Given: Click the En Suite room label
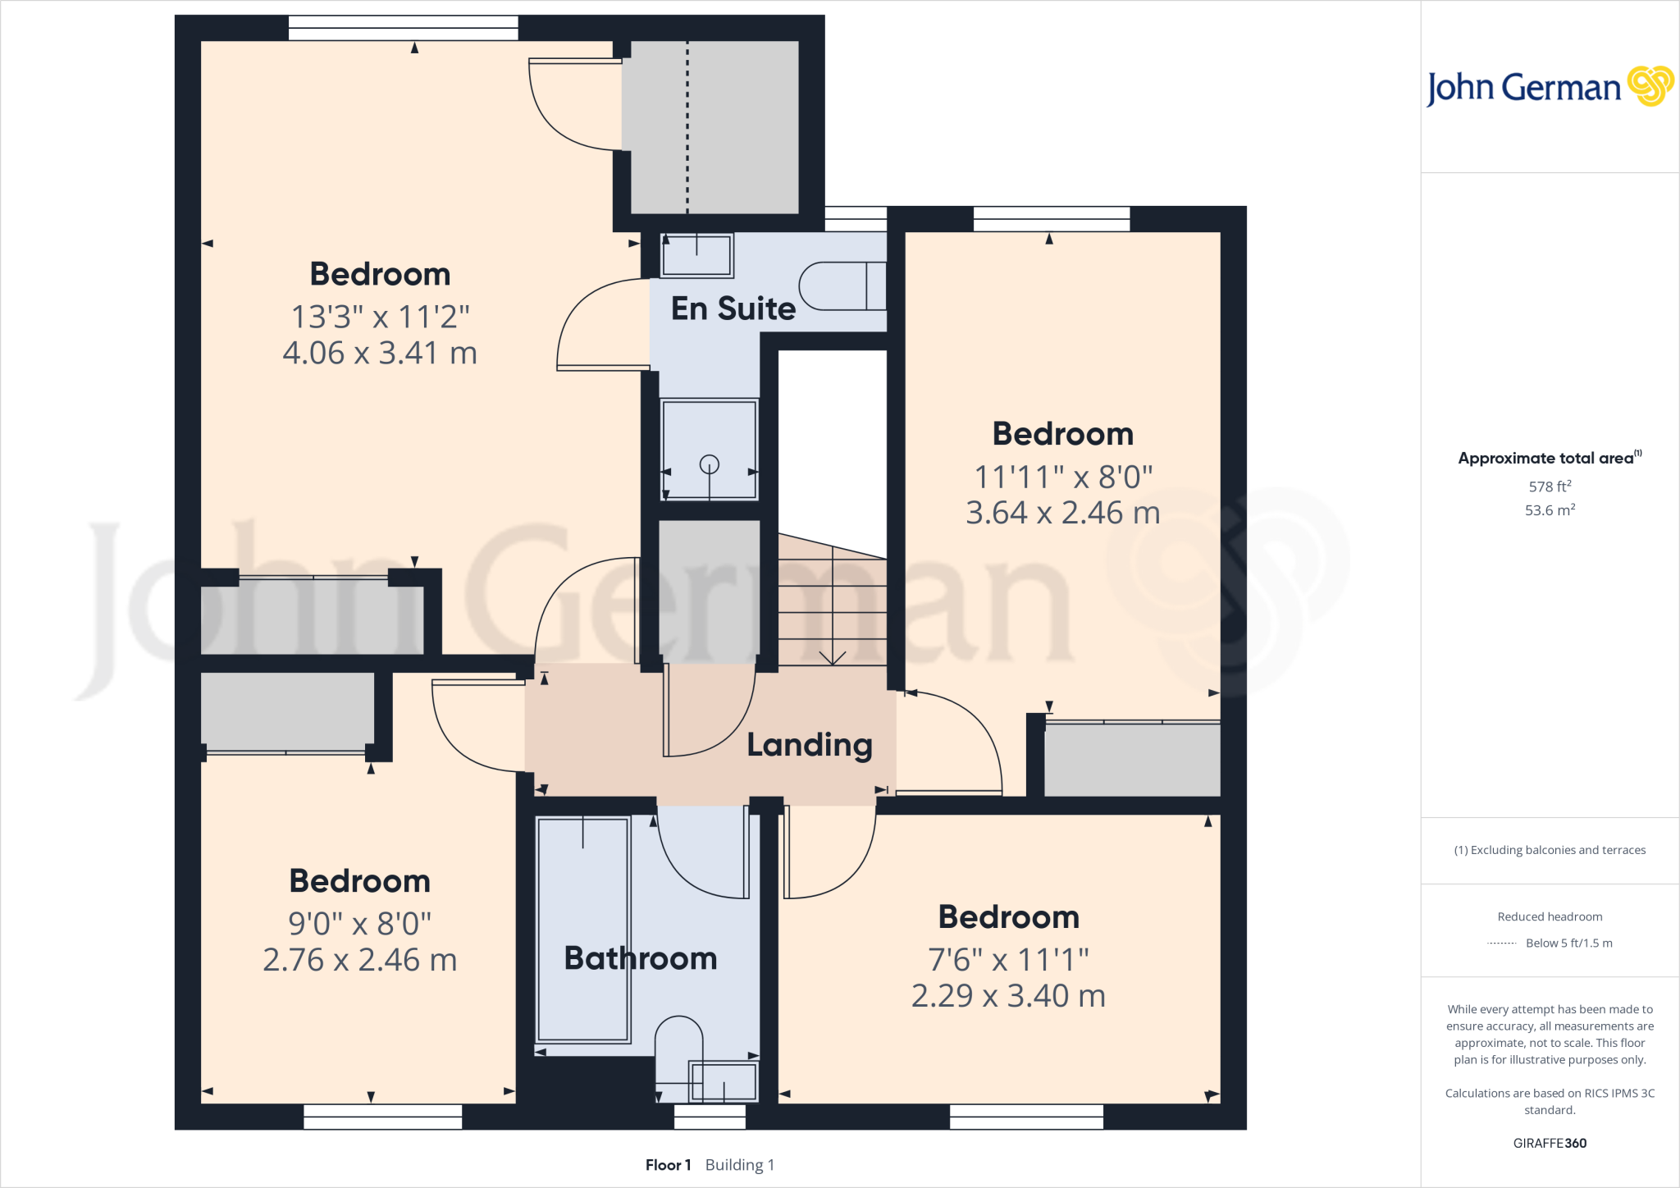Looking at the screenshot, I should coord(733,308).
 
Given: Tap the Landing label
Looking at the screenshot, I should coord(809,745).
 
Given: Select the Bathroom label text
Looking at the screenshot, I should coord(641,958).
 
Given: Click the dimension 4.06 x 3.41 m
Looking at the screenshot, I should coord(380,353).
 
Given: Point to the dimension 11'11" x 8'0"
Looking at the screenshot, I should coord(1063,477).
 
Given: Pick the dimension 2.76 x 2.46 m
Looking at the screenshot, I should coord(359,960).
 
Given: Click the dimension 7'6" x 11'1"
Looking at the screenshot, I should coord(1008,959).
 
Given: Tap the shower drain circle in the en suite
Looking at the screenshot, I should coord(709,464).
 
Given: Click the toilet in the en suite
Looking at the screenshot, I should coord(841,286).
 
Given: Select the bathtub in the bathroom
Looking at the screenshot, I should coord(582,930).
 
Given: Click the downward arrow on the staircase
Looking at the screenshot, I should coord(833,656).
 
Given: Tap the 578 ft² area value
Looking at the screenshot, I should coord(1550,487).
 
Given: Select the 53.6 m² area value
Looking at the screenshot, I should coord(1550,510).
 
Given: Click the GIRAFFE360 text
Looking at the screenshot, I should coord(1550,1143).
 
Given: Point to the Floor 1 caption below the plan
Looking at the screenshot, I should coord(668,1165).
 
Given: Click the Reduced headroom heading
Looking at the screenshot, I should coord(1550,916).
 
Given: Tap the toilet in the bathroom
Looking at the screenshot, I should coord(678,1046).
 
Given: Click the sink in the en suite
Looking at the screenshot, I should coord(697,255).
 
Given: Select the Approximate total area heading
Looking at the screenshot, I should coord(1546,459).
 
